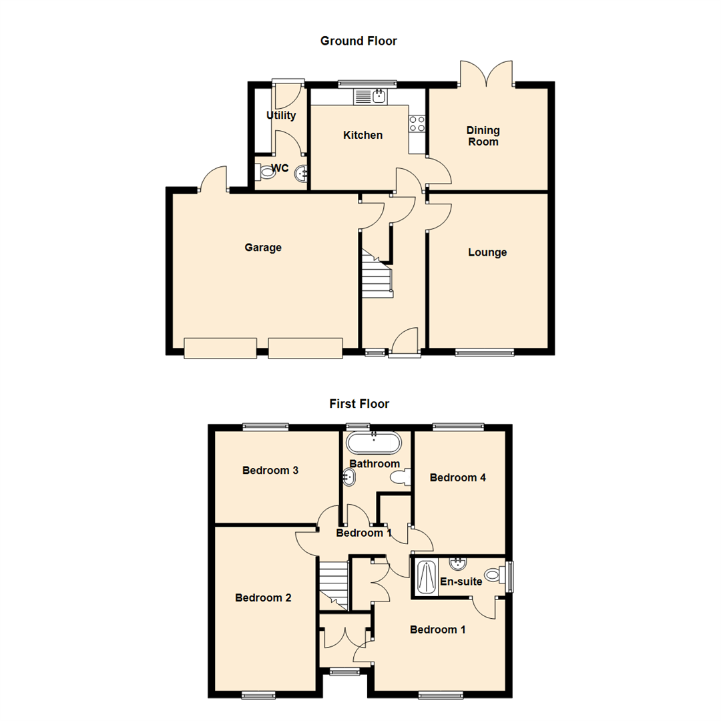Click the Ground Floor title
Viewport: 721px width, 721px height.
point(358,41)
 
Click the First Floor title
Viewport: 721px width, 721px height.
point(359,404)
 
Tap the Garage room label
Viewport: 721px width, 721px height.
point(263,248)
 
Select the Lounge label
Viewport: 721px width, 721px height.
point(487,252)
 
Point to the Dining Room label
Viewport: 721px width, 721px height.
point(483,136)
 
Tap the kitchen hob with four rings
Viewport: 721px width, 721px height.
point(417,123)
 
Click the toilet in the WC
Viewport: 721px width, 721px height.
point(266,172)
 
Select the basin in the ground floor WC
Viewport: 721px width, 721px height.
point(301,173)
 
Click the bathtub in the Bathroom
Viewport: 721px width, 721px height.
point(374,442)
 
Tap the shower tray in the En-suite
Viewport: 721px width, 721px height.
point(425,577)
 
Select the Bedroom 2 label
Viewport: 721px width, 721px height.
point(263,598)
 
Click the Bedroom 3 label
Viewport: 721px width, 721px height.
point(270,471)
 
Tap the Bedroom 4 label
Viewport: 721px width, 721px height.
point(458,477)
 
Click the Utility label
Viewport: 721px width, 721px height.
point(281,115)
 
